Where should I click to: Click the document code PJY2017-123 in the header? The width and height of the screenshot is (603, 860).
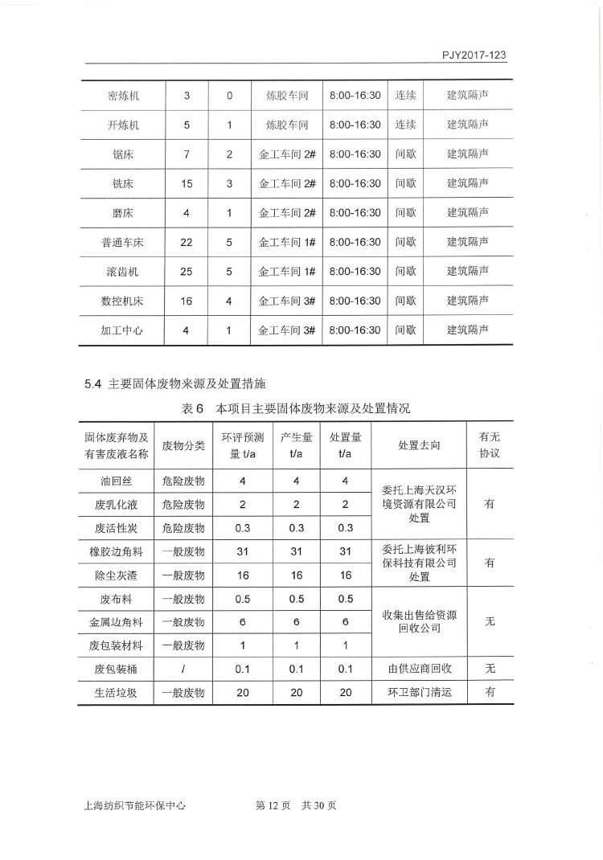[x=474, y=55]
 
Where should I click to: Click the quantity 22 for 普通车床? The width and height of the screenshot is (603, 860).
[x=187, y=242]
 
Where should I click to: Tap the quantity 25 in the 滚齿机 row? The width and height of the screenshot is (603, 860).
[x=187, y=272]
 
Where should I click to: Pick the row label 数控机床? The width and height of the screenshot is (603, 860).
[x=122, y=301]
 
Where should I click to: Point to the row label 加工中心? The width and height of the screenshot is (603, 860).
[x=122, y=330]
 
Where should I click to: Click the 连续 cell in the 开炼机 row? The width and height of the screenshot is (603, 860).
[x=405, y=125]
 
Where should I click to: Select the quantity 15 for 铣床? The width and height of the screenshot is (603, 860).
[x=187, y=184]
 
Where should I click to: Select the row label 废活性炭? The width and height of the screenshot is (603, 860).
[x=117, y=528]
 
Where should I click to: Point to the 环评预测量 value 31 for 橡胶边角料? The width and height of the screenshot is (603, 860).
[x=242, y=551]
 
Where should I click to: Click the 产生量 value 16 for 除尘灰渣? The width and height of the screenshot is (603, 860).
[x=296, y=575]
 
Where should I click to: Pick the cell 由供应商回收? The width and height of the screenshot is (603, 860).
[x=419, y=669]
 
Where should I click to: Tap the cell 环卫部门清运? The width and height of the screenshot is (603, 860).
[x=419, y=692]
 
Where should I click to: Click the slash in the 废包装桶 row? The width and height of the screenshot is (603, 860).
[x=183, y=669]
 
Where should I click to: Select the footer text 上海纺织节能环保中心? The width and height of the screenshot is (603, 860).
[x=134, y=805]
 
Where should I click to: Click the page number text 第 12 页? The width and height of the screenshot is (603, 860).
[x=271, y=805]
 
